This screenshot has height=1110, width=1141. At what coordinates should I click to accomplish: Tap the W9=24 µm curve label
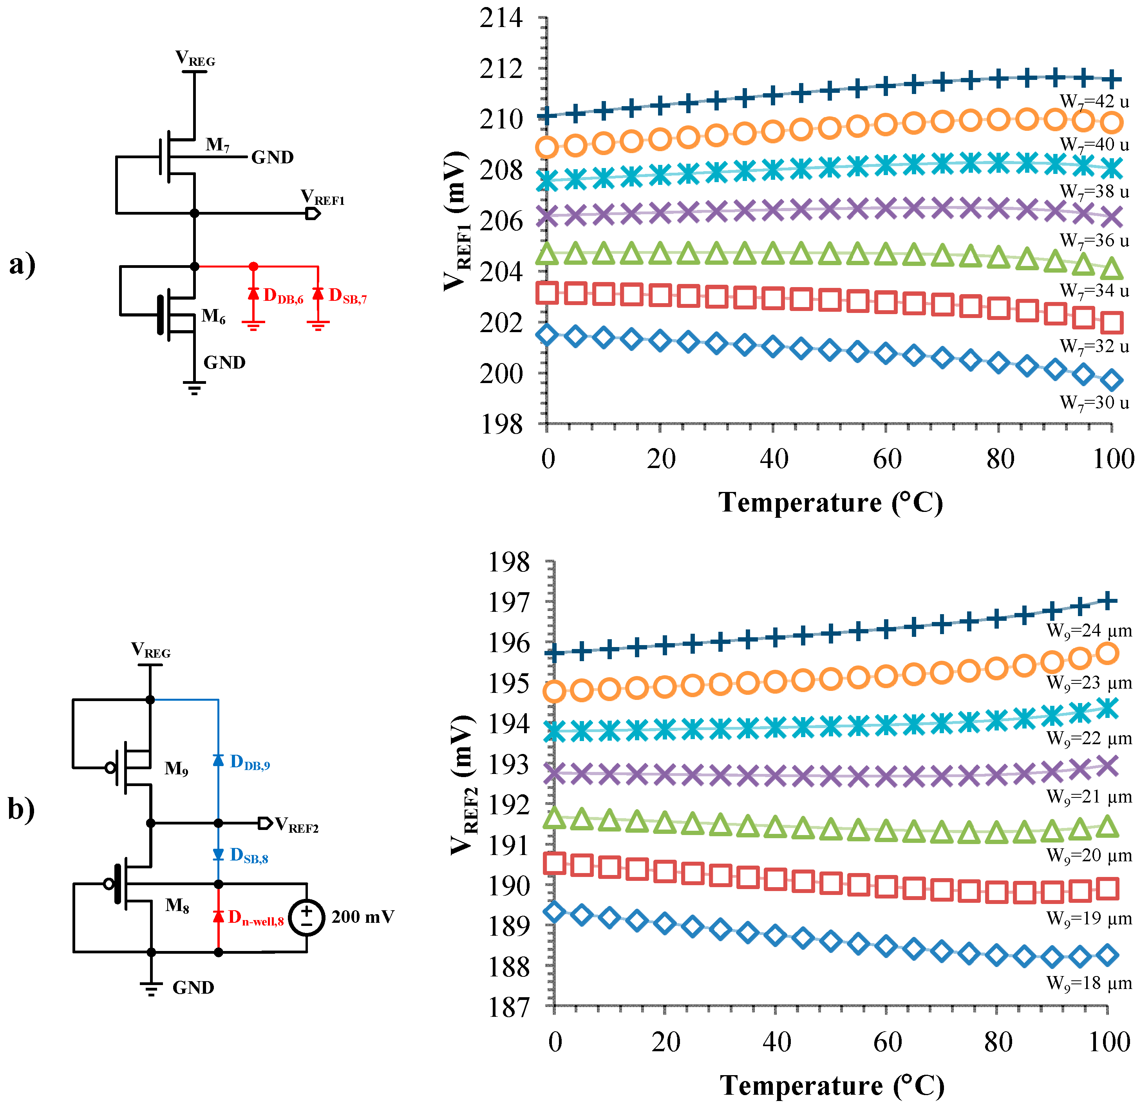1088,631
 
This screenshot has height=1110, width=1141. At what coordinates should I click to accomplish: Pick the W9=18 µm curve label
1088,983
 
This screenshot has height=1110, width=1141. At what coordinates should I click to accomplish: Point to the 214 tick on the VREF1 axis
501,19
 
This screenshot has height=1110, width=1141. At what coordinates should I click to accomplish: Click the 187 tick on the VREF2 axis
509,1007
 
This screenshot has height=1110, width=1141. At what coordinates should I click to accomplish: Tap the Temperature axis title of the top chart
830,503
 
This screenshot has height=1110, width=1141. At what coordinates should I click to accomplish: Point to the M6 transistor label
213,316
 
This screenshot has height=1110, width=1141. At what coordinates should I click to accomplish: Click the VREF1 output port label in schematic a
322,198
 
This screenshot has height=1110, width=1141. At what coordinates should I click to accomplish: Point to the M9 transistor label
177,768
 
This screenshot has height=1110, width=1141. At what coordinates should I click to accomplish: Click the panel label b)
22,810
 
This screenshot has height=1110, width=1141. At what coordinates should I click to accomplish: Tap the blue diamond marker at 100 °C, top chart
1112,381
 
